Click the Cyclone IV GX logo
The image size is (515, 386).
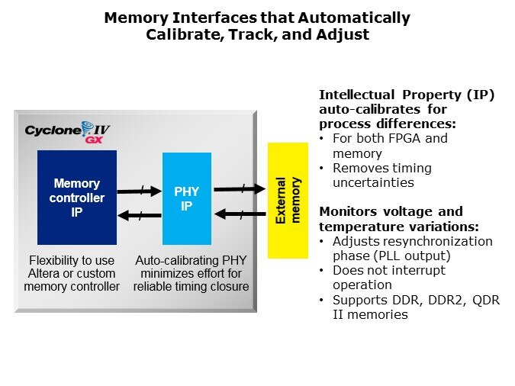67,132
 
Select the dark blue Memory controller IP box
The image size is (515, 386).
77,198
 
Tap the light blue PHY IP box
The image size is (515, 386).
186,198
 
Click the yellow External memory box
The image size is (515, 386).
287,201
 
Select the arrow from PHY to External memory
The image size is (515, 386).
239,188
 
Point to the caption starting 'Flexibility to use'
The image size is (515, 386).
72,273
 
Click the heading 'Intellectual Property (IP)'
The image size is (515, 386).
407,95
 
